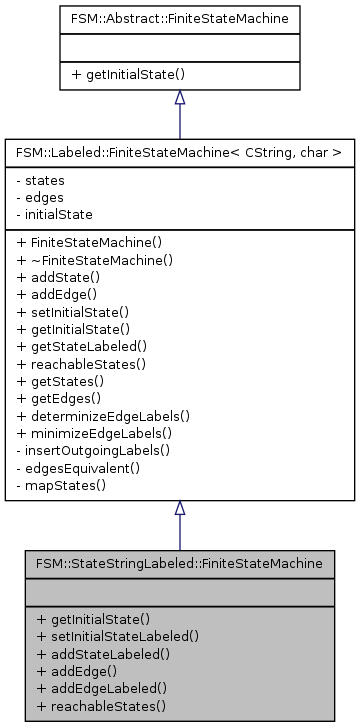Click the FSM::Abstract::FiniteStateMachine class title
[x=179, y=18]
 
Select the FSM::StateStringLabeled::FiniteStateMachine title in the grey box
[x=179, y=564]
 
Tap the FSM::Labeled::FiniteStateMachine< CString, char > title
[x=179, y=153]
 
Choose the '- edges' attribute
[x=43, y=198]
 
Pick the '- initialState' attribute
[x=55, y=214]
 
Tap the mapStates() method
[x=63, y=480]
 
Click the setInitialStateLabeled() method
[x=117, y=635]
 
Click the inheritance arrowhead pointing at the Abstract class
[x=179, y=98]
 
